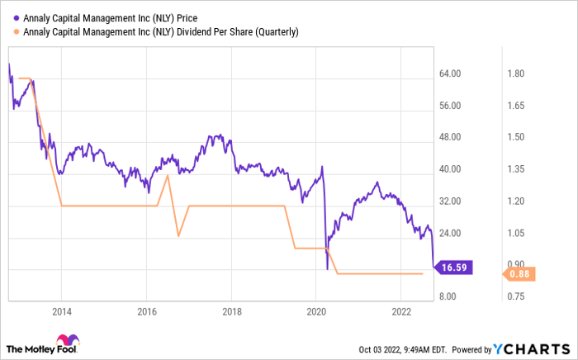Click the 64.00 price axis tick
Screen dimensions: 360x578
pos(449,74)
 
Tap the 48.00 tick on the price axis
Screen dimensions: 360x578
pos(449,138)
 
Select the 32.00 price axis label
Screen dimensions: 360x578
pos(449,201)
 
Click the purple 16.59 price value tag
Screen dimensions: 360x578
pos(456,268)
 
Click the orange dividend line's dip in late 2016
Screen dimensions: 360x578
pos(179,236)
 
